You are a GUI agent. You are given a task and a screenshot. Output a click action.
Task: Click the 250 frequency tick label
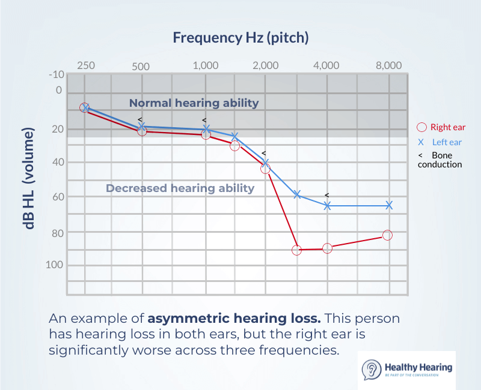pyautogui.click(x=85, y=65)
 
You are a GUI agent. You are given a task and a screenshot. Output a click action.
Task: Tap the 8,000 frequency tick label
pyautogui.click(x=388, y=65)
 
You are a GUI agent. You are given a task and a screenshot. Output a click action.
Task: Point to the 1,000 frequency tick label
pyautogui.click(x=205, y=66)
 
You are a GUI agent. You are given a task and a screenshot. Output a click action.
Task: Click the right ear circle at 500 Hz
pyautogui.click(x=142, y=130)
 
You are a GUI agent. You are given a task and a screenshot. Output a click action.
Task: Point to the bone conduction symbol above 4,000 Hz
pyautogui.click(x=326, y=195)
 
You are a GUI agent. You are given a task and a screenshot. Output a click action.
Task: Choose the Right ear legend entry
pyautogui.click(x=441, y=127)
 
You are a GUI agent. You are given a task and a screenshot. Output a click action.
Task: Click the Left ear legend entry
pyautogui.click(x=440, y=142)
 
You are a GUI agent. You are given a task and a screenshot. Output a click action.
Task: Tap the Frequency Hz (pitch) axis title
pyautogui.click(x=240, y=38)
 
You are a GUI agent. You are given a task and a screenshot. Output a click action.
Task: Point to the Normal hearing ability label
pyautogui.click(x=194, y=103)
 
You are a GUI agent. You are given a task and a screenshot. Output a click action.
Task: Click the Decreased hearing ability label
pyautogui.click(x=180, y=188)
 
